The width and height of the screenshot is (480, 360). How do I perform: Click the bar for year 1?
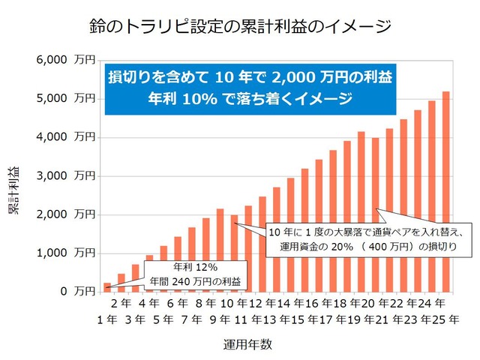(x=106, y=286)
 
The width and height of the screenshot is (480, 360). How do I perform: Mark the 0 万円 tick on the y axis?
(x=75, y=291)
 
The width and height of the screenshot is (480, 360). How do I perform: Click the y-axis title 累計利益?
(x=13, y=192)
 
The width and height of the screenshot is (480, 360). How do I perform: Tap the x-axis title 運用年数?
(x=247, y=344)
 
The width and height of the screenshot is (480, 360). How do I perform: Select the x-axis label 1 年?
(x=106, y=319)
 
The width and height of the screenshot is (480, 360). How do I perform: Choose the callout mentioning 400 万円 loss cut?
(x=368, y=238)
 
